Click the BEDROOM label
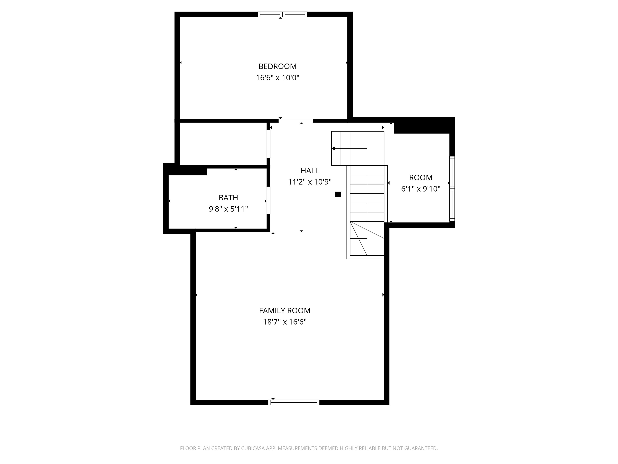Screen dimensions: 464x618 (277, 66)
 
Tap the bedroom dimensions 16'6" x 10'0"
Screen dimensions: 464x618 (277, 78)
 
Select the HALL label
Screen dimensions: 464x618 (310, 171)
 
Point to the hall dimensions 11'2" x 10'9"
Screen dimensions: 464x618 (310, 182)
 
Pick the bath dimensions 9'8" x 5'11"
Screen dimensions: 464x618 (228, 209)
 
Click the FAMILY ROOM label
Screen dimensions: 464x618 (284, 311)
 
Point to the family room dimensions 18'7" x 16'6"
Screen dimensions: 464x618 (284, 322)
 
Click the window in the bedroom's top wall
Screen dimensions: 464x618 (282, 14)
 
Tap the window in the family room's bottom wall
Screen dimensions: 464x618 (294, 402)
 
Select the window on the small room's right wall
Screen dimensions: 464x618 (452, 189)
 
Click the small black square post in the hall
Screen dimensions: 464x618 (338, 194)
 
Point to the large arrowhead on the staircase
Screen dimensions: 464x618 (333, 148)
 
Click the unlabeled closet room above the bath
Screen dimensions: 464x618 (223, 143)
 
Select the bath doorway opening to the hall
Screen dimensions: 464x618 (268, 200)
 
